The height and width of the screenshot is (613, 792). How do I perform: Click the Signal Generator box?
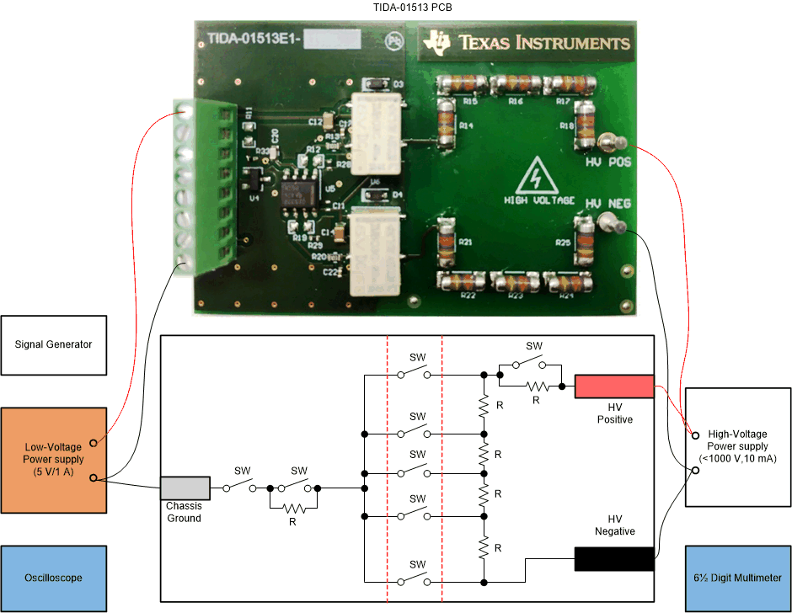54,344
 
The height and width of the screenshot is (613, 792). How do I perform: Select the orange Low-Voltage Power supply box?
54,460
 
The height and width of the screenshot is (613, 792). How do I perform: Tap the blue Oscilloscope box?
54,578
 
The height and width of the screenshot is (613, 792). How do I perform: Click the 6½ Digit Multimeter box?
738,578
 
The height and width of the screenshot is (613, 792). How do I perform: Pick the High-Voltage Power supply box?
738,447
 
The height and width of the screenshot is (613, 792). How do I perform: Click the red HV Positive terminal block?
614,386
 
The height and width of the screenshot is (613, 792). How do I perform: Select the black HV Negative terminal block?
614,559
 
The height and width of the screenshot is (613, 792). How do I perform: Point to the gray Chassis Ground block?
185,488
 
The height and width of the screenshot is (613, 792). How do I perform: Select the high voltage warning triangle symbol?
533,178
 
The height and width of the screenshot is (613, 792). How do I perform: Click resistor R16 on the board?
516,85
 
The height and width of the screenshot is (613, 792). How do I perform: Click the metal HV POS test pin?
613,142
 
